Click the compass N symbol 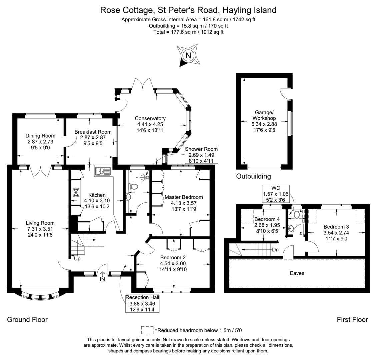point(188,55)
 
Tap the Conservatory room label point(150,118)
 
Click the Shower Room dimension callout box point(201,155)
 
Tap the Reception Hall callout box point(142,303)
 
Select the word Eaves point(297,273)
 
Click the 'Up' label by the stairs point(77,258)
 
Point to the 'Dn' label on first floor point(275,250)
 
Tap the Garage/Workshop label point(264,115)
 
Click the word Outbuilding point(253,176)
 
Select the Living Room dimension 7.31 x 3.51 point(41,229)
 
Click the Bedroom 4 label point(267,219)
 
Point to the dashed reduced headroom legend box point(147,330)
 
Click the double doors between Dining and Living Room point(40,171)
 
